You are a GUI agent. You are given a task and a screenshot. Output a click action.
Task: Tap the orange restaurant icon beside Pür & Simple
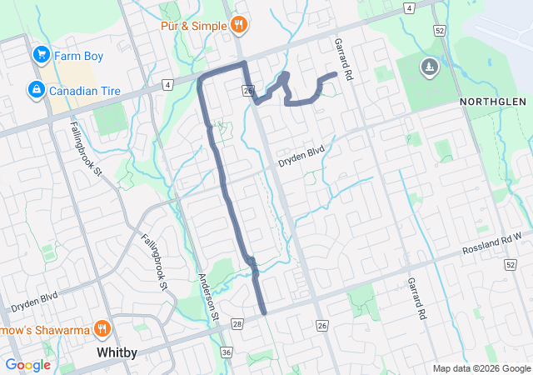point(239,24)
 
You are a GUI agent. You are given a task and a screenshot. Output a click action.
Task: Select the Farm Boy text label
point(77,56)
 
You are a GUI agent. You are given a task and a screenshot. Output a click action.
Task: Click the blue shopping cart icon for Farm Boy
point(39,55)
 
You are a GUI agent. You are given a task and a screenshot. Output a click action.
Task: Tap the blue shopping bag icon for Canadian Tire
point(36,89)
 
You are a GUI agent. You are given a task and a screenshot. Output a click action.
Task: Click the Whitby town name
point(117,352)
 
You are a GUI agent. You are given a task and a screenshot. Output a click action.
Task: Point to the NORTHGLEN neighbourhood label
point(493,101)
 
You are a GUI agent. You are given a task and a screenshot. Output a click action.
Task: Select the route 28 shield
point(237,324)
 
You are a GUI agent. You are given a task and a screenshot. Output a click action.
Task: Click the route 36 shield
point(227,352)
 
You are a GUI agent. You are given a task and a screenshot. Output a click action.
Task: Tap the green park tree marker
point(430,67)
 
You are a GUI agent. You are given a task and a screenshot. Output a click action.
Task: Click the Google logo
point(28,365)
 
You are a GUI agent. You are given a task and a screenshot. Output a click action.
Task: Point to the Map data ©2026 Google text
point(481,368)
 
